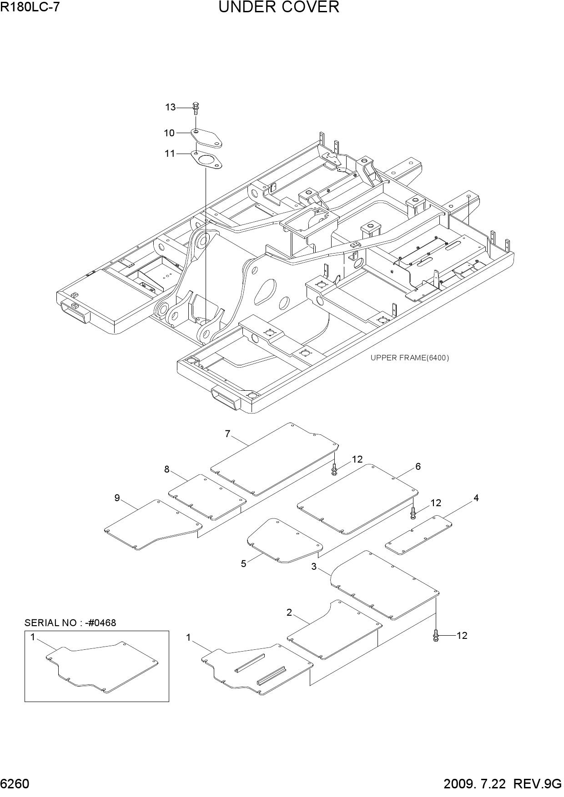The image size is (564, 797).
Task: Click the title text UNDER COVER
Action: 279,7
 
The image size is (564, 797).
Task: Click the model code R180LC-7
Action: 30,7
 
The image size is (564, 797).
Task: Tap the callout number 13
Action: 170,107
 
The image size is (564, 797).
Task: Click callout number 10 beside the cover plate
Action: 169,133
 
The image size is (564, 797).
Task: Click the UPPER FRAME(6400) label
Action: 409,358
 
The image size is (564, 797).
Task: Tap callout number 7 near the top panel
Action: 228,434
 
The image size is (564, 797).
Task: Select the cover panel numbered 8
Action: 207,497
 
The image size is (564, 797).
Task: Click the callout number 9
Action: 117,498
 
